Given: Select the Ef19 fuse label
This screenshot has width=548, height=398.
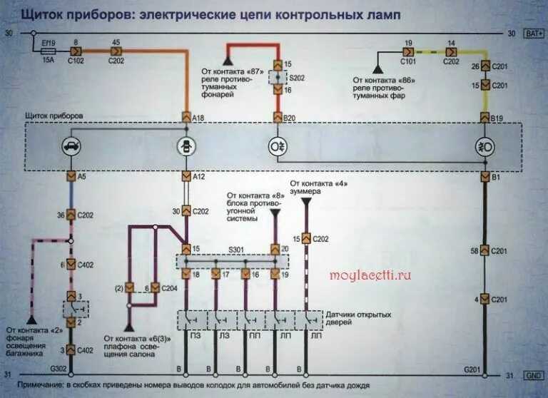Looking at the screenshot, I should point(47,44).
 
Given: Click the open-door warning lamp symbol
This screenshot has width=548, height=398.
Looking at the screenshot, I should point(187,146).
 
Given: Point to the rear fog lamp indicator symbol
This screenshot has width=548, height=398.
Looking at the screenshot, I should point(277,146).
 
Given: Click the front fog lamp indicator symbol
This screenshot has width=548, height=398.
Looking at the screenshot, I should point(485,146).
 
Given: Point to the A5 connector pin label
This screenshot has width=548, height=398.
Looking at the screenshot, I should point(82,175).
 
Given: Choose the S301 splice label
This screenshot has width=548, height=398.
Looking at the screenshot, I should point(235,249).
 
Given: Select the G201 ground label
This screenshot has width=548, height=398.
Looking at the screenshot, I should point(472,369).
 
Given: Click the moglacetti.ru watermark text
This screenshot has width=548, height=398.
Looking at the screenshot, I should point(372,273).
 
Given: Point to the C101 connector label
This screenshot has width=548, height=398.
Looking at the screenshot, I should point(408,61).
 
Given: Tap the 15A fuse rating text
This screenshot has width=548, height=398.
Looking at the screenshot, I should point(49,61).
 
